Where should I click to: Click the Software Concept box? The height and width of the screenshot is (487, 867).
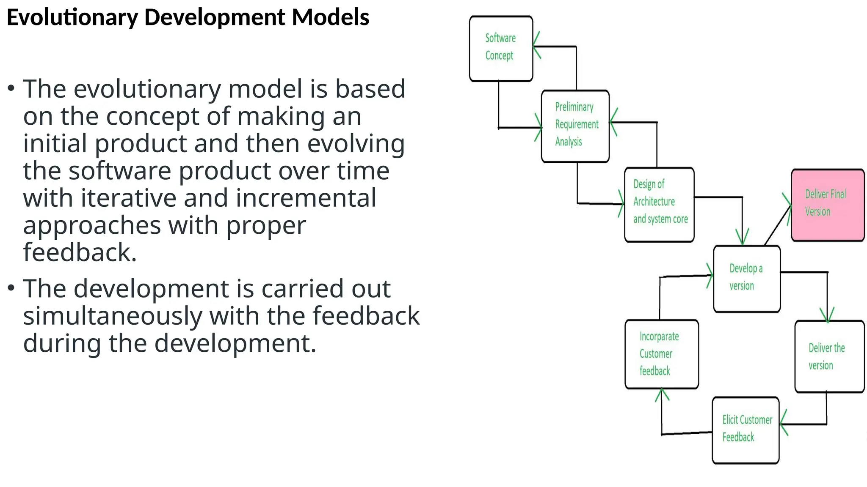(x=501, y=49)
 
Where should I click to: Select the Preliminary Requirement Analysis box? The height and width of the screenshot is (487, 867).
(x=575, y=126)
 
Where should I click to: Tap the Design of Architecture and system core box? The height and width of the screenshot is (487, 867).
(x=659, y=205)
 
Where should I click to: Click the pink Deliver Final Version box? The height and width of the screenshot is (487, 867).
(x=828, y=205)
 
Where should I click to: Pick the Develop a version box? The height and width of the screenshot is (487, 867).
(x=747, y=279)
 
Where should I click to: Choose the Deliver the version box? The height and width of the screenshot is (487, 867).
(x=829, y=356)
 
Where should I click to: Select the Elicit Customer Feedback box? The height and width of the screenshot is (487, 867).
(x=746, y=430)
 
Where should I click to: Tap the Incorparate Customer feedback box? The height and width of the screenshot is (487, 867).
(x=661, y=354)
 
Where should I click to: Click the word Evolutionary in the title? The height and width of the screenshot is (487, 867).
(x=72, y=18)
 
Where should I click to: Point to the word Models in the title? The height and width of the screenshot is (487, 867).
(x=331, y=18)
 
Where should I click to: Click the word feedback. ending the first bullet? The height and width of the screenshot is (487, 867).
(x=80, y=252)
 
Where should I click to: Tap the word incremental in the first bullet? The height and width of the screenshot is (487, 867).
(x=306, y=198)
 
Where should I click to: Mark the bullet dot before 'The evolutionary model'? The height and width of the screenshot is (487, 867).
(x=11, y=88)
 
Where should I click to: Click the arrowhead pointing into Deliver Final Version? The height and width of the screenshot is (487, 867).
(x=788, y=207)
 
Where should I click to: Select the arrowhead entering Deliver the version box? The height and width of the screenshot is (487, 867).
(x=827, y=317)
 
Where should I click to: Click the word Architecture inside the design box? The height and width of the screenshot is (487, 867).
(x=654, y=202)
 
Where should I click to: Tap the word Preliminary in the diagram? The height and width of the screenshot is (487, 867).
(x=574, y=107)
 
